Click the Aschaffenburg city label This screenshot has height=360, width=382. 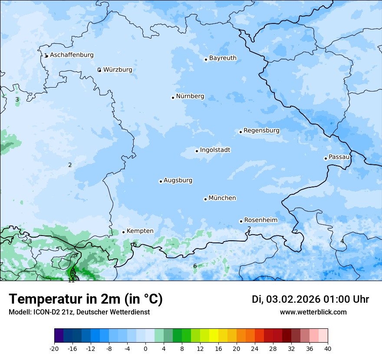tap(72, 55)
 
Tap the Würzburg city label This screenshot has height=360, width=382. tap(118, 70)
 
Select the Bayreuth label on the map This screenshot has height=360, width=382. tap(223, 58)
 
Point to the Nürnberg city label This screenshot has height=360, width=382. tap(190, 96)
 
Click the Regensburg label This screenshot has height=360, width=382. tap(261, 131)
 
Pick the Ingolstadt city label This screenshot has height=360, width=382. tap(215, 150)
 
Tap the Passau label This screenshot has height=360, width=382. tap(339, 157)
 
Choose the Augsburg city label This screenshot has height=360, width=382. tap(178, 180)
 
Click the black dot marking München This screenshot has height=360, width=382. tap(205, 199)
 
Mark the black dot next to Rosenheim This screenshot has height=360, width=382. tap(241, 221)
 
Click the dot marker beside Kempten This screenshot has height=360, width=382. tap(123, 232)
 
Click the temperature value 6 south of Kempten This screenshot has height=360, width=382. tap(195, 266)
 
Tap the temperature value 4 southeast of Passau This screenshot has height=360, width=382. tap(342, 241)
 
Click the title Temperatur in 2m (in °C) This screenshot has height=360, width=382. tap(86, 299)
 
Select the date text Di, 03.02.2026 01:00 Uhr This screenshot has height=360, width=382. tap(310, 299)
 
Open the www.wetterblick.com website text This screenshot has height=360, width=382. tap(313, 312)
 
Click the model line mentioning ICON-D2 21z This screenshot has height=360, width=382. tap(79, 312)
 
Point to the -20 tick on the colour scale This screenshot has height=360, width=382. tap(54, 349)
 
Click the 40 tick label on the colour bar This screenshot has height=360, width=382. tap(328, 349)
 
